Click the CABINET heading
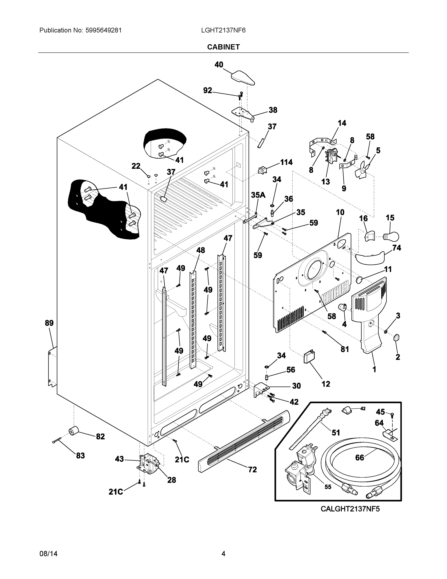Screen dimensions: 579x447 pos(223,47)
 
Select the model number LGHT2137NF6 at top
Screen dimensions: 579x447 pos(223,30)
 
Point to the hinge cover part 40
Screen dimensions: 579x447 pos(243,78)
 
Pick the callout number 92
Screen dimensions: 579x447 pos(208,91)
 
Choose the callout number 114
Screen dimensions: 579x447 pos(286,162)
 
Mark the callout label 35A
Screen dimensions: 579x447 pos(258,195)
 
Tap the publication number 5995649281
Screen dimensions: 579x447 pos(103,30)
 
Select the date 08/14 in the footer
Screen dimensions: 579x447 pos(48,554)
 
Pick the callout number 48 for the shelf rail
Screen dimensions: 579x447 pos(200,250)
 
